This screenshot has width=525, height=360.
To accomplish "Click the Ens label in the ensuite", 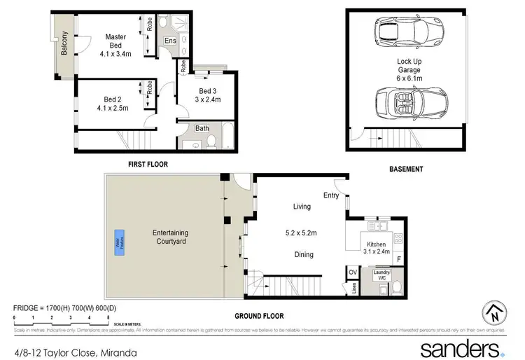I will [x=170, y=41].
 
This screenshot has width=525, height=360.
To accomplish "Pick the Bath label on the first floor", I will [x=202, y=128].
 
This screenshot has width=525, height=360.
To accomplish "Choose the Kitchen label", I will [x=376, y=244].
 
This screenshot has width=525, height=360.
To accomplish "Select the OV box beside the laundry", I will [x=353, y=272].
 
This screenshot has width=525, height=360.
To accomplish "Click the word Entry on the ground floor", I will [x=331, y=195].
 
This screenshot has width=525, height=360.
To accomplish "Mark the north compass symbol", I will [x=493, y=314].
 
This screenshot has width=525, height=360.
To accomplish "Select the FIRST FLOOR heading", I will [x=148, y=164].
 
